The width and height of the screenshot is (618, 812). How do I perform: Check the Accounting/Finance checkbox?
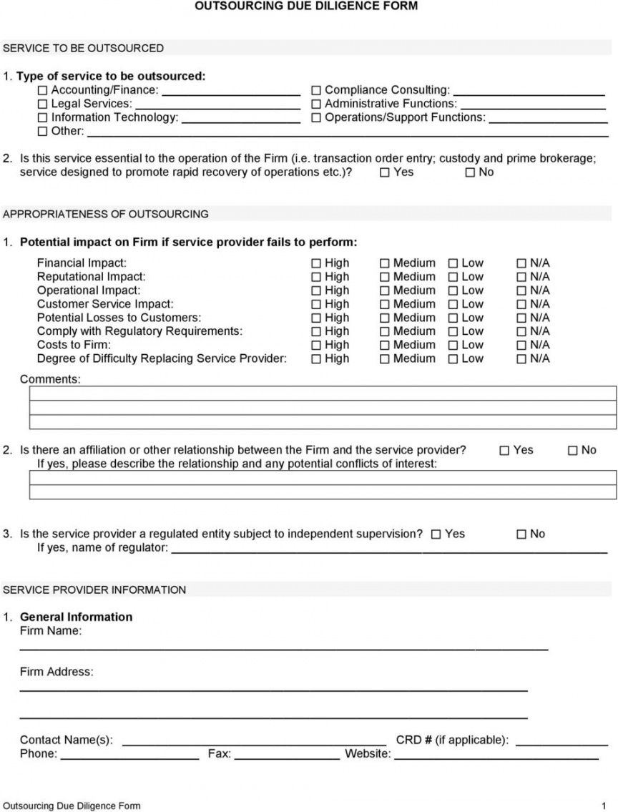click(43, 91)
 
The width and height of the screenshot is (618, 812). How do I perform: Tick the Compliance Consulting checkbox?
click(316, 91)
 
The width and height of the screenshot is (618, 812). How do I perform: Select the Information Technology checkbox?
click(43, 118)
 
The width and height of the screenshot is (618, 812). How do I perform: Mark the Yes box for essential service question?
click(386, 173)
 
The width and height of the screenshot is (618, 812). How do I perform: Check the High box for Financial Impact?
click(316, 263)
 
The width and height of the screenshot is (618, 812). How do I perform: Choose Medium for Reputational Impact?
click(385, 277)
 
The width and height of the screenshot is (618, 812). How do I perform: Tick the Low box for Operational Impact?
click(453, 290)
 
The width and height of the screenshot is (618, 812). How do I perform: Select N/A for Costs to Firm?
click(521, 346)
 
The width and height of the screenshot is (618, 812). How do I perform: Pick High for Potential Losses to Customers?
click(316, 318)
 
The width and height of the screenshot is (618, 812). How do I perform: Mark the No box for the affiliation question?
click(573, 451)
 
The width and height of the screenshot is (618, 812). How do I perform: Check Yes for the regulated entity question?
click(436, 534)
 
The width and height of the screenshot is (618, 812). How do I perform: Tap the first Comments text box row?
click(323, 393)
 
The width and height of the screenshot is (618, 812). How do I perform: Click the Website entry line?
click(496, 755)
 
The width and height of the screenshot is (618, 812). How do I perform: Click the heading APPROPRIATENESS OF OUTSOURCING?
click(106, 214)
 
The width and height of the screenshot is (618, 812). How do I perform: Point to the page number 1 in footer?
click(604, 806)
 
